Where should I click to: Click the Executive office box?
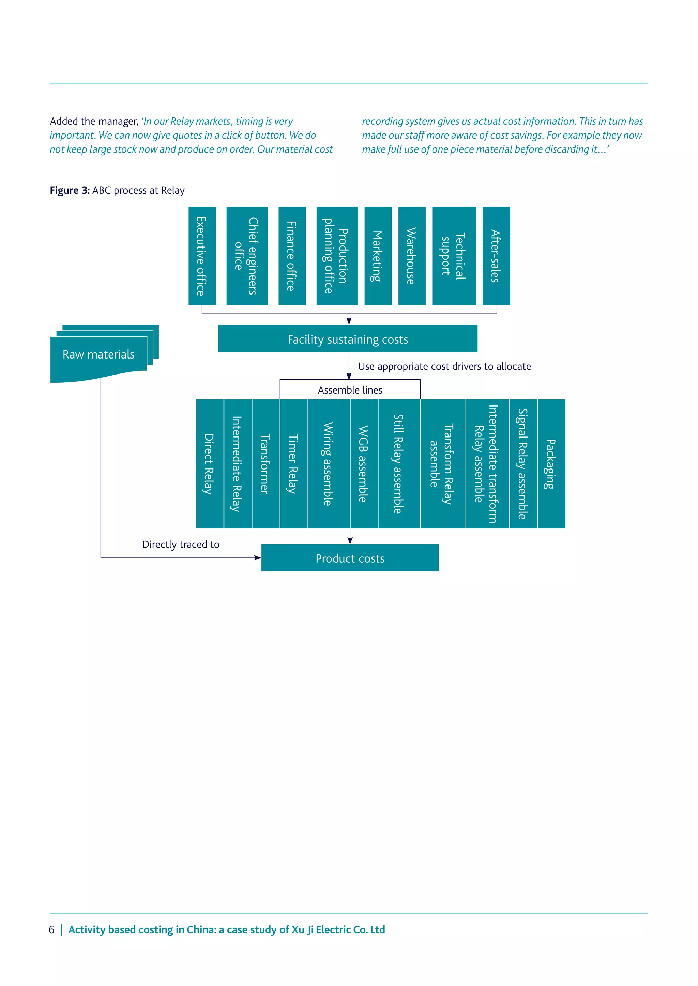(x=202, y=256)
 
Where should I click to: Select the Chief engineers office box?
(x=247, y=256)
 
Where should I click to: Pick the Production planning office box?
(x=337, y=256)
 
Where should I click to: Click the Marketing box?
(x=378, y=256)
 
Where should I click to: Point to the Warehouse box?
(x=412, y=256)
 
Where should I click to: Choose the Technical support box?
(x=454, y=256)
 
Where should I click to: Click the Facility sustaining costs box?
(x=348, y=339)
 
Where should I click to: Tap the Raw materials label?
(x=98, y=354)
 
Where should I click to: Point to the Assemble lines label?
(x=350, y=390)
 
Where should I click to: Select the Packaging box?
(x=551, y=464)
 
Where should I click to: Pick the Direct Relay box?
(x=210, y=464)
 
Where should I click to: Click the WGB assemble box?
(x=364, y=464)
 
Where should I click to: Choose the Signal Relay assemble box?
(x=523, y=464)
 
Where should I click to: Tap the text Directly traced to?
(x=181, y=544)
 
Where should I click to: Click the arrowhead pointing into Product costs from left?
(x=257, y=558)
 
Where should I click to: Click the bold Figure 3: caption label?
(x=70, y=190)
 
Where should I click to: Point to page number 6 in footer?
(x=51, y=930)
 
